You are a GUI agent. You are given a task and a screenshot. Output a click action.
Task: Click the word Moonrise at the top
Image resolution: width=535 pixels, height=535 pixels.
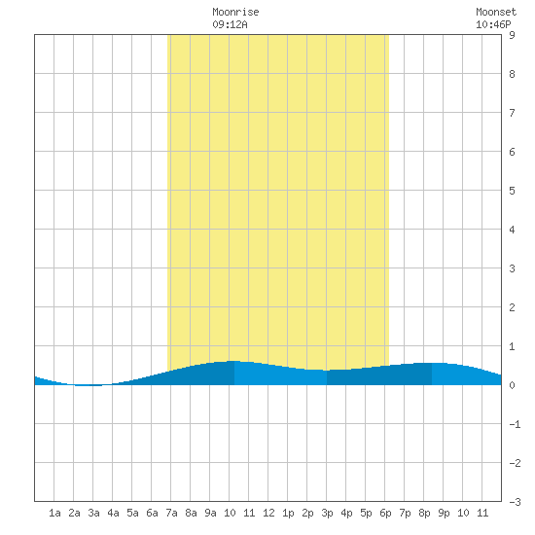pos(235,12)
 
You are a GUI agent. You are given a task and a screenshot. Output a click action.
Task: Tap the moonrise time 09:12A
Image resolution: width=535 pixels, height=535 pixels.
pos(230,24)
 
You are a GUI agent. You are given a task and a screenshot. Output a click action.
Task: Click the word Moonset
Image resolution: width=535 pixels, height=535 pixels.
pos(496,12)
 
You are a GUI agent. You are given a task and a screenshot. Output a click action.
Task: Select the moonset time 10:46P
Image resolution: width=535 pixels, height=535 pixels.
pos(493,24)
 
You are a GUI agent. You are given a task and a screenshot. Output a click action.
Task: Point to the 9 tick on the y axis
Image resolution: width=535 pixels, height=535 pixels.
pos(512,35)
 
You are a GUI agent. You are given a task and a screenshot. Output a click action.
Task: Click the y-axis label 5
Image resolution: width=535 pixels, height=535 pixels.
pos(512,191)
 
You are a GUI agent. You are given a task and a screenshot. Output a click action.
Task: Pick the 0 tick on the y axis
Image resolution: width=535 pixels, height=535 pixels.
pos(512,385)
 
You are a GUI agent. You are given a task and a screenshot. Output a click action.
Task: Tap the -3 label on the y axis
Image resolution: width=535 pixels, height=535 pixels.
pos(515,502)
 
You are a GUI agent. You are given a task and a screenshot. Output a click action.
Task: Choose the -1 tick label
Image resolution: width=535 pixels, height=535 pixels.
pos(515,424)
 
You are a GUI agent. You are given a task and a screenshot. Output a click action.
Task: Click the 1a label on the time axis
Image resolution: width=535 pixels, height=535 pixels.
pos(54,513)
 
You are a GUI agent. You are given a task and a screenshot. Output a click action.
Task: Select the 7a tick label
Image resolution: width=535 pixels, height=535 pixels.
pos(171,513)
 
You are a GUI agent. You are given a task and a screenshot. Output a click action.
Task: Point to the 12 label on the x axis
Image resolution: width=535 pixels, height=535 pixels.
pos(268,513)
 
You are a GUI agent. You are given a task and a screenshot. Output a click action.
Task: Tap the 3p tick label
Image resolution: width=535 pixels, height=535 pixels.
pos(327,513)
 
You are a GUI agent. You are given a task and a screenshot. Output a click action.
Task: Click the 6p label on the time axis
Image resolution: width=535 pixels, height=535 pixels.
pos(385,513)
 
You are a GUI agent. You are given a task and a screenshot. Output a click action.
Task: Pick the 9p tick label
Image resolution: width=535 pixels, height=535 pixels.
pos(444,513)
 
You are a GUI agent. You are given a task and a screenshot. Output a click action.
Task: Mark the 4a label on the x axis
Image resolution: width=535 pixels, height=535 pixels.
pos(113,513)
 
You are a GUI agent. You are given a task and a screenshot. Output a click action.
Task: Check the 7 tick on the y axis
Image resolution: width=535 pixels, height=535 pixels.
pos(512,113)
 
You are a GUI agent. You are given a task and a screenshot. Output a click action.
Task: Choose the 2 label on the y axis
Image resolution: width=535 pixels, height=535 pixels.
pos(512,307)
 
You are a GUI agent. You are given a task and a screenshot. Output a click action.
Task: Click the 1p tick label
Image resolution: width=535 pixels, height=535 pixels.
pos(288,513)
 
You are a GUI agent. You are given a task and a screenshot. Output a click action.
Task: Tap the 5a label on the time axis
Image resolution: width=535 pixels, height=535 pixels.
pos(132,513)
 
